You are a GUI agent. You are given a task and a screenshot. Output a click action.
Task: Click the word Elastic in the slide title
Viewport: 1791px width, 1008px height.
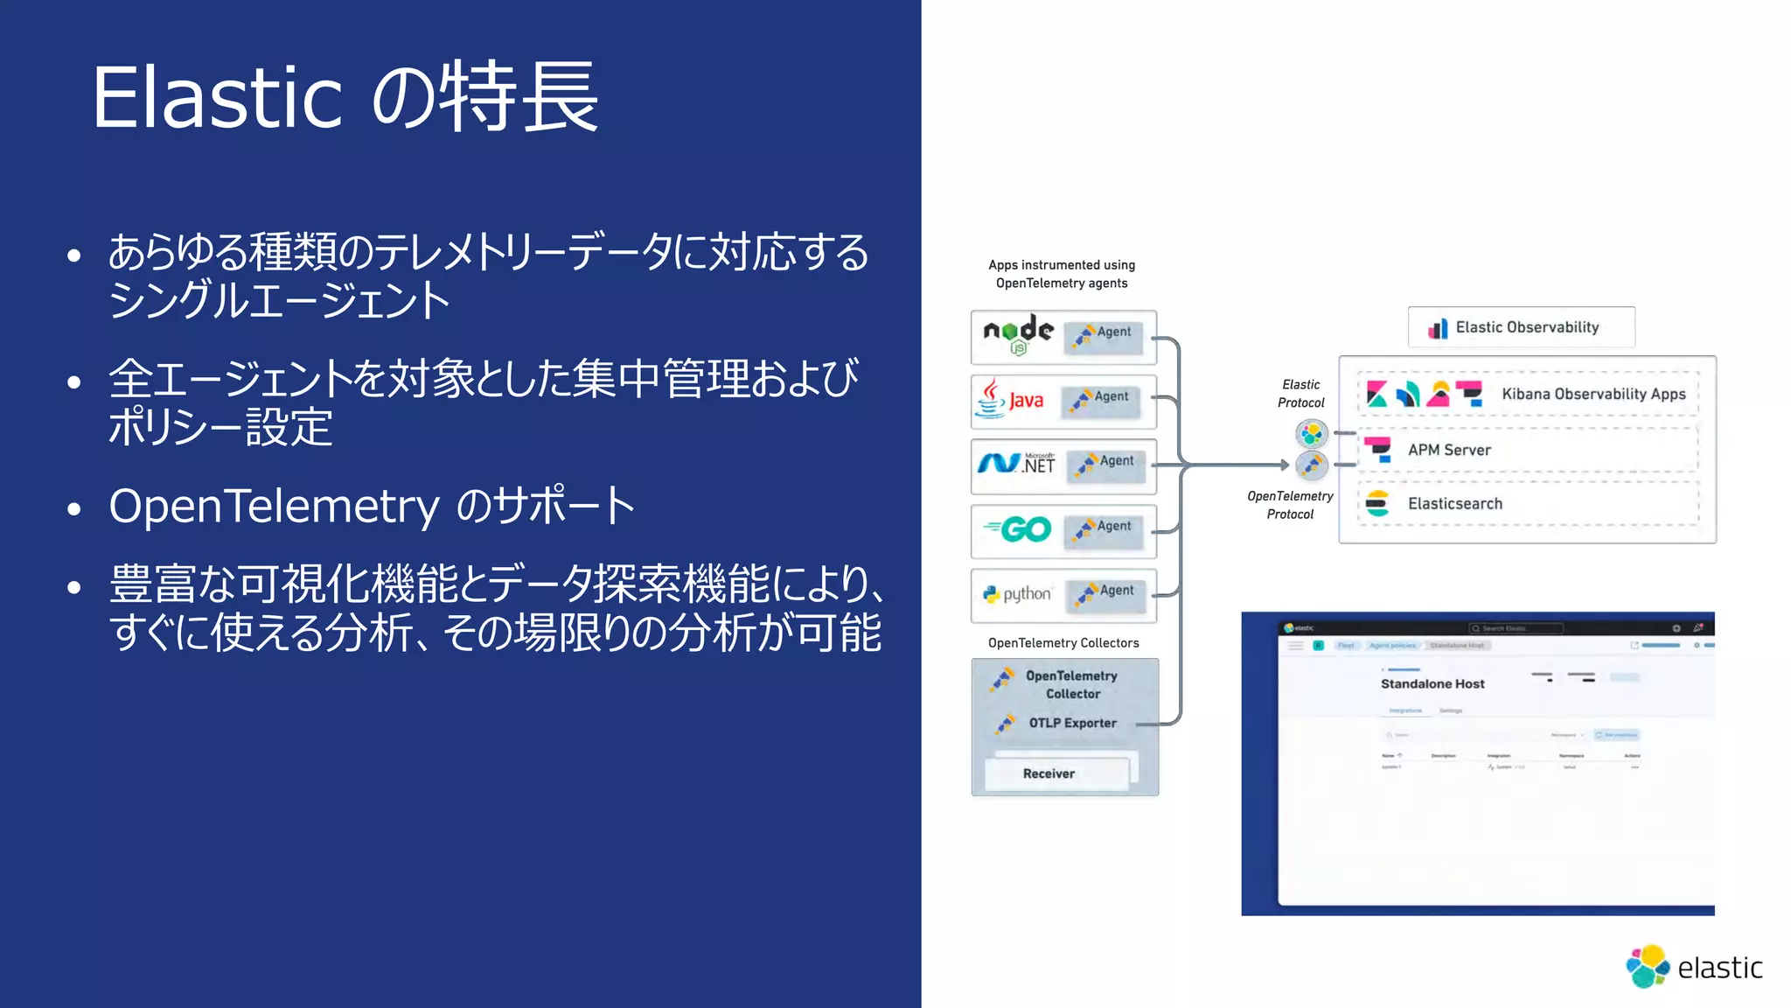[217, 97]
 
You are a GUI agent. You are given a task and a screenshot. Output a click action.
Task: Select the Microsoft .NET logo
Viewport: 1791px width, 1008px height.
[1016, 464]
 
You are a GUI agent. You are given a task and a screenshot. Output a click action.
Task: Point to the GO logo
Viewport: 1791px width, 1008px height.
[1017, 529]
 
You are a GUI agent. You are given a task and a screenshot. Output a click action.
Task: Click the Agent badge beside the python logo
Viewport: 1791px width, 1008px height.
[1108, 593]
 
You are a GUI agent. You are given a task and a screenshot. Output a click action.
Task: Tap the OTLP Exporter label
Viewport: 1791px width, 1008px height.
[1072, 723]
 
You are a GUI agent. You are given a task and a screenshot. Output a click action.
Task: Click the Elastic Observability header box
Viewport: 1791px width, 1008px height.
[1521, 327]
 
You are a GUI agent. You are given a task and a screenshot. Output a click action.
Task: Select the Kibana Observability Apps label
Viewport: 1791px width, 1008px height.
[1593, 394]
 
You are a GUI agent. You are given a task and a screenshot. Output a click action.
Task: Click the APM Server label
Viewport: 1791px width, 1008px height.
[1449, 450]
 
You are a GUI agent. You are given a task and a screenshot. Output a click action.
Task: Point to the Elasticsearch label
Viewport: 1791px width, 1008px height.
[1455, 504]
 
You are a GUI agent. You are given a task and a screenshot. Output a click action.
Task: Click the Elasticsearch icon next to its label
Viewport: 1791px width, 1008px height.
[1377, 503]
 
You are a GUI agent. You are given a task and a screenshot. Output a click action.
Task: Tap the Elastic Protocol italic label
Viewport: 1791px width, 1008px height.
[1300, 394]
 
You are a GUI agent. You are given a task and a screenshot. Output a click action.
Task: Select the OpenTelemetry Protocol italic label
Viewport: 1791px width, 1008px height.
[1290, 505]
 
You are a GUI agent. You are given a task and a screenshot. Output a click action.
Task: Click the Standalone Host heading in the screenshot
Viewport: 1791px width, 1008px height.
[1432, 683]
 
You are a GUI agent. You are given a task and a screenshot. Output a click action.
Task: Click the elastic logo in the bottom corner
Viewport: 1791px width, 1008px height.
[1693, 967]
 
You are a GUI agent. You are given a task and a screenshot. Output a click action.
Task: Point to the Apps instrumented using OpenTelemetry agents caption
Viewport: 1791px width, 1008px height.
[1062, 274]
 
